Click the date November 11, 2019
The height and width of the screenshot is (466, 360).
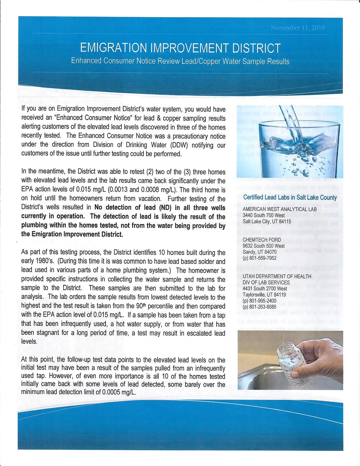click(297, 28)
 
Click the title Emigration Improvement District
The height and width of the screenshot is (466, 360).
click(180, 48)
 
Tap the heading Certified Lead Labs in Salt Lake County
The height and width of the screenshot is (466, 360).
click(290, 198)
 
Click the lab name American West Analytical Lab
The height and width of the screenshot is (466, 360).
click(280, 209)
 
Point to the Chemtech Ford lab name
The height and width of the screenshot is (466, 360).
click(262, 240)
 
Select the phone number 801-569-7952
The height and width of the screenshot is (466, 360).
click(259, 258)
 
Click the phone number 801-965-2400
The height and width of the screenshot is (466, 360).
click(259, 301)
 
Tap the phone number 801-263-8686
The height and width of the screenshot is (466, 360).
click(259, 307)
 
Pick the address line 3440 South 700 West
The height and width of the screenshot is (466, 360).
click(264, 215)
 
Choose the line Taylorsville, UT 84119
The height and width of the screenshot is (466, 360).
click(264, 295)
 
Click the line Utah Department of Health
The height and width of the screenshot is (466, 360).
click(277, 276)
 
